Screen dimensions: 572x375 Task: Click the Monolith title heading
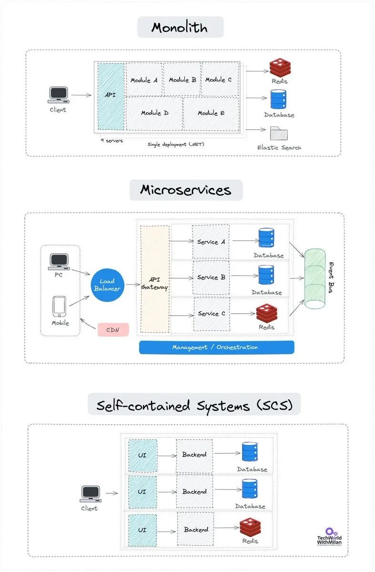(x=180, y=27)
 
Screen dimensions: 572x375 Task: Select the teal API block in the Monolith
(x=111, y=95)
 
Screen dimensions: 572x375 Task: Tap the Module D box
(x=154, y=113)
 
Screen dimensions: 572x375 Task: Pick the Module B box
(x=182, y=80)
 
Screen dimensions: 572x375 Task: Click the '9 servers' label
(x=111, y=141)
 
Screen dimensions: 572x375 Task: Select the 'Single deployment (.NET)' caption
(x=176, y=144)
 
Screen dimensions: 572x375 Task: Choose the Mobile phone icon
(x=60, y=306)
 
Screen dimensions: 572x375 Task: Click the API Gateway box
(x=154, y=279)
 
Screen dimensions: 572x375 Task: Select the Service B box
(x=211, y=277)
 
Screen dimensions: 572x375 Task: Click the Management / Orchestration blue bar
(x=216, y=347)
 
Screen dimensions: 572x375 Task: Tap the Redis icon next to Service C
(x=267, y=313)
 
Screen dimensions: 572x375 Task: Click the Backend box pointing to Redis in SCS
(x=196, y=529)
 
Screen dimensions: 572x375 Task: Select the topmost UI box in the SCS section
(x=142, y=455)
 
